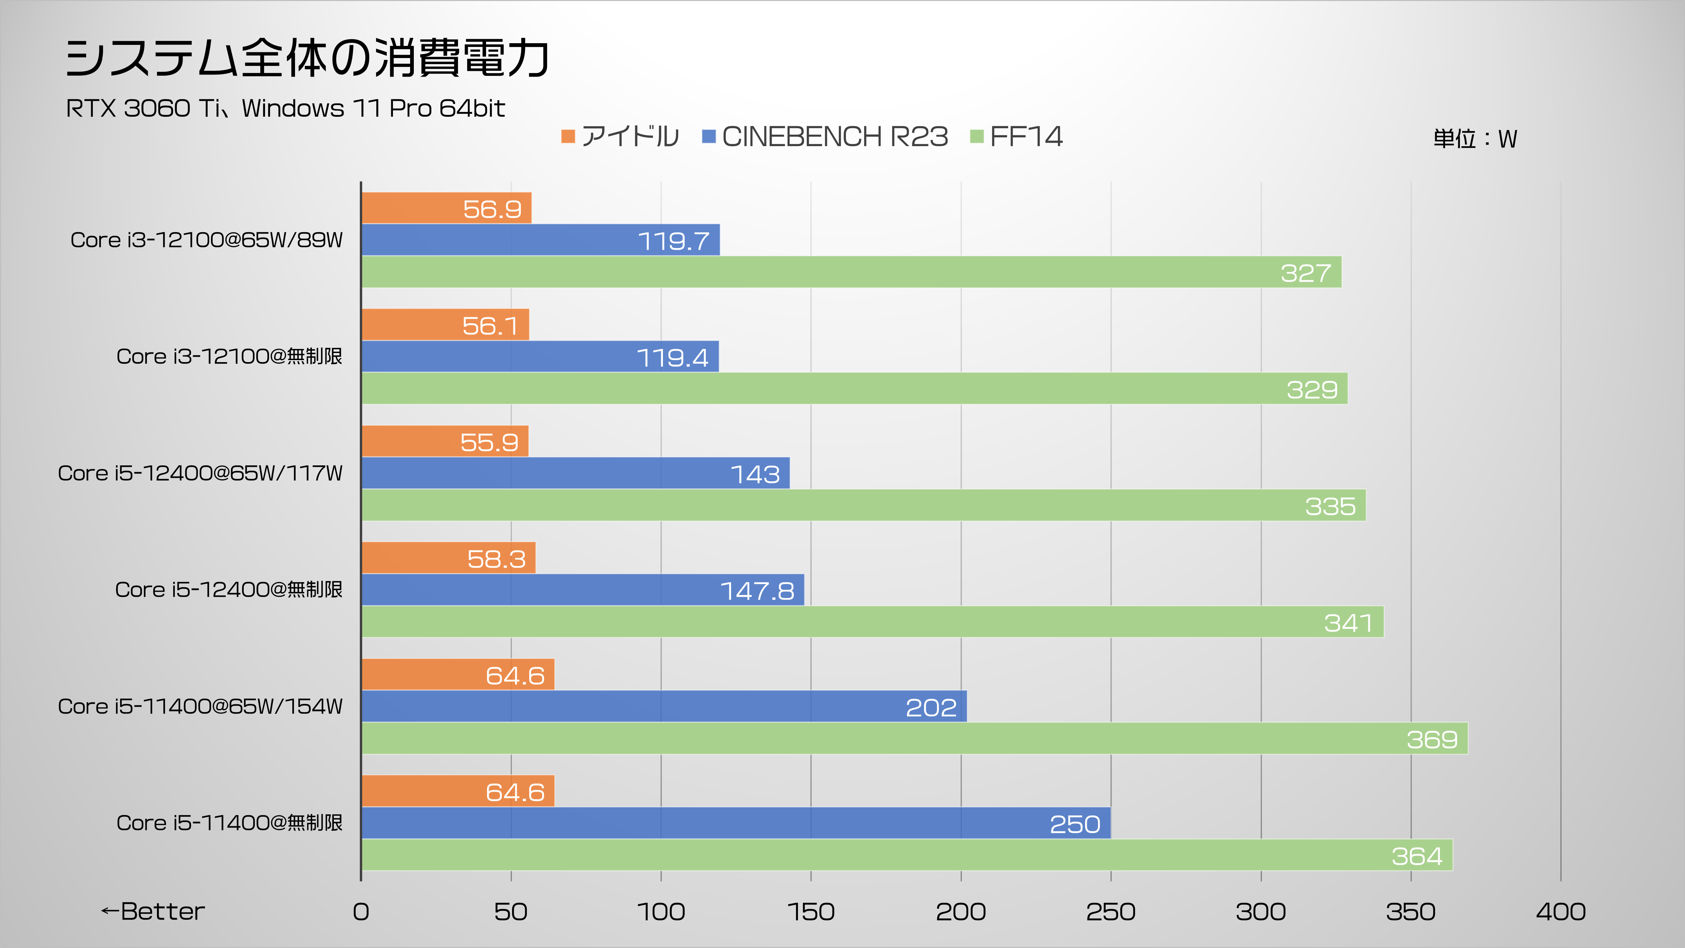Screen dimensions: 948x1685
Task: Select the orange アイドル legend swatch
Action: coord(568,137)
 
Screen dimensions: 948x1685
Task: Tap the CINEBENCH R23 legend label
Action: coord(835,137)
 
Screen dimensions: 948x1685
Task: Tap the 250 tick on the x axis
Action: coord(1111,912)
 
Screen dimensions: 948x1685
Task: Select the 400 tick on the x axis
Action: coord(1561,912)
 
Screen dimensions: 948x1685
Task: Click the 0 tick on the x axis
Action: coord(361,912)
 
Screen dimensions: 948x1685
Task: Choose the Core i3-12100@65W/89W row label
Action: coord(207,240)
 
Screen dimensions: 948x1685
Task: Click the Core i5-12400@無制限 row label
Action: coord(229,590)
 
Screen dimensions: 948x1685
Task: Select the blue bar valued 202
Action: coord(664,706)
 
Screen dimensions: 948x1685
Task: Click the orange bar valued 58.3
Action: coord(449,558)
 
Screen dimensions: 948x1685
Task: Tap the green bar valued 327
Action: coord(850,272)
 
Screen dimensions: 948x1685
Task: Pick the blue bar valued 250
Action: coord(736,823)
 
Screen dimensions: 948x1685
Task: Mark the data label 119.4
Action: coord(672,358)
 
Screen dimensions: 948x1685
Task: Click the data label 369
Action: coord(1432,739)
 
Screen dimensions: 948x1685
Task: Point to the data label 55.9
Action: coord(489,443)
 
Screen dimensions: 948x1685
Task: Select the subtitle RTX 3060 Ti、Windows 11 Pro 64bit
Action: coord(285,108)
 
